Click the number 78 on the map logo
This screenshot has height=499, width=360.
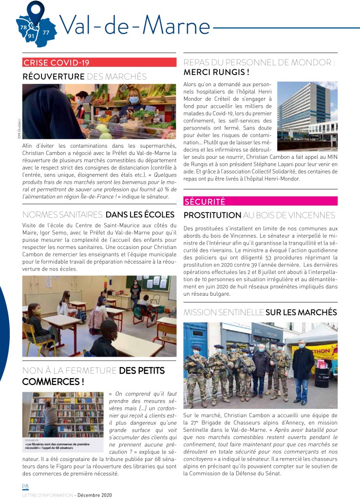point(23,28)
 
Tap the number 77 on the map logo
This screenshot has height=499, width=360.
point(46,32)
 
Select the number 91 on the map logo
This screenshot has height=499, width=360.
point(31,36)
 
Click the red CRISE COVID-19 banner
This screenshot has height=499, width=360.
point(99,62)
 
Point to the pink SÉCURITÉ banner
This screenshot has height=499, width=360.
point(260,201)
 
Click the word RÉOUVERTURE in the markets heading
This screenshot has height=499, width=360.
point(54,76)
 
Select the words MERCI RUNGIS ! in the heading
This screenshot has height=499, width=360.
point(216,72)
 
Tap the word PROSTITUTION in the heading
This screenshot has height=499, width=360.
point(212,215)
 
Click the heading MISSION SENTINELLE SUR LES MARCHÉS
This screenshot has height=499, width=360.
point(260,312)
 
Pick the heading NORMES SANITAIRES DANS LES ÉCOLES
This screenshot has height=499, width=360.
point(99,214)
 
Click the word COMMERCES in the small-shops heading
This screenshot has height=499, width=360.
point(51,381)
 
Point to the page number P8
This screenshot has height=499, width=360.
point(25,486)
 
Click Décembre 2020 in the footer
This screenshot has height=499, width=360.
point(95,495)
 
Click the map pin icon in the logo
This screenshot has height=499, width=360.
point(35,11)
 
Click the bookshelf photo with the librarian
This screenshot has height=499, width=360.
point(63,415)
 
